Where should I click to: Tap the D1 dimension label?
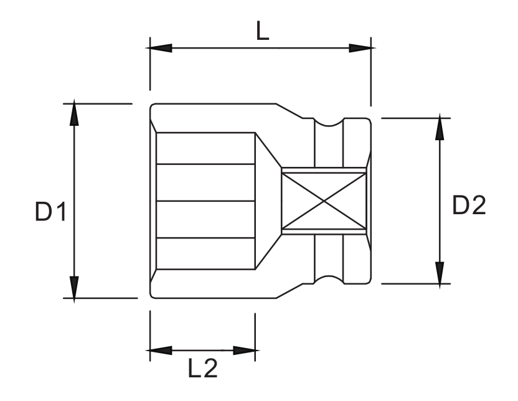tap(50, 212)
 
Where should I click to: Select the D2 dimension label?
tap(469, 205)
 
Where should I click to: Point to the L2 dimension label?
tap(203, 368)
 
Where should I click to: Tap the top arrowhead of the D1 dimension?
tap(74, 113)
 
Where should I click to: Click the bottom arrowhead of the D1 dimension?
tap(74, 288)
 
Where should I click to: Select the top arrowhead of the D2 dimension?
tap(440, 127)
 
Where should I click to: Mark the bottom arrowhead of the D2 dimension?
tap(440, 274)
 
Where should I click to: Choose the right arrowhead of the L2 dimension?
tap(246, 351)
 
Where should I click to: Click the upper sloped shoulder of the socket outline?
tap(290, 111)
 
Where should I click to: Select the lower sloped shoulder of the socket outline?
tap(290, 291)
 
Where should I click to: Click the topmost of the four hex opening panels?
tap(205, 148)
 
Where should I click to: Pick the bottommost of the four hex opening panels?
tap(205, 253)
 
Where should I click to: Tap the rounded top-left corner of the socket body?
tap(152, 106)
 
